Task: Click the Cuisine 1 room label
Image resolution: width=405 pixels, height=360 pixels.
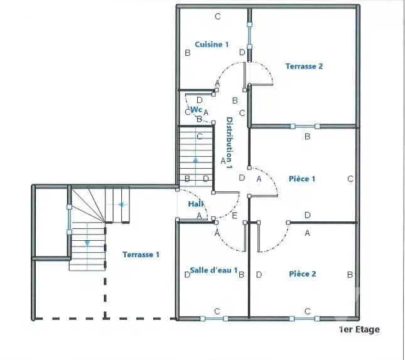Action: click(212, 45)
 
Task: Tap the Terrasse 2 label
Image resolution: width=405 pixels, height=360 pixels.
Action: click(304, 66)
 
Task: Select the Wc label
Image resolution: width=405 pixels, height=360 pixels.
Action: click(197, 109)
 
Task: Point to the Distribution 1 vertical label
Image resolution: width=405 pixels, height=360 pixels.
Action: click(229, 143)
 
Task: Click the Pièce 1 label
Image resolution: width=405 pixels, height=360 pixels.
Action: click(302, 179)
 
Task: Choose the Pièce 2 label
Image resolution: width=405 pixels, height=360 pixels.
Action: click(303, 273)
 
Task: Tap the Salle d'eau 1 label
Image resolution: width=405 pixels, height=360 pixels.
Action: click(213, 270)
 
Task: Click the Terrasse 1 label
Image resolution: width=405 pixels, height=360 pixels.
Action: click(141, 255)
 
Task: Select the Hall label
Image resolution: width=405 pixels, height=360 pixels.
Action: click(196, 204)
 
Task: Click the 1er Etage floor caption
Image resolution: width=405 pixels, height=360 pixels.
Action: click(359, 329)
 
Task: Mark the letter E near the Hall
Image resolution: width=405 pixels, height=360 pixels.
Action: click(235, 216)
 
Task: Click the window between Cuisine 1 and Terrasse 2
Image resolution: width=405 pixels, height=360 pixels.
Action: click(249, 35)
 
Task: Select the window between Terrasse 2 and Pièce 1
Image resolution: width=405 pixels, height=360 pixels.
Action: click(305, 126)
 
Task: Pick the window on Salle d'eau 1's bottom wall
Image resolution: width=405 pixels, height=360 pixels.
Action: click(214, 319)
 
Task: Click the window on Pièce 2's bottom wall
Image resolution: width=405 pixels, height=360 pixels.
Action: click(305, 319)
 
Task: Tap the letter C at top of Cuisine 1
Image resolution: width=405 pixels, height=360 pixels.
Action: click(218, 16)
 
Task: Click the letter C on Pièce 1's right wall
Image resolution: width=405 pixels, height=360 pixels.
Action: click(350, 179)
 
